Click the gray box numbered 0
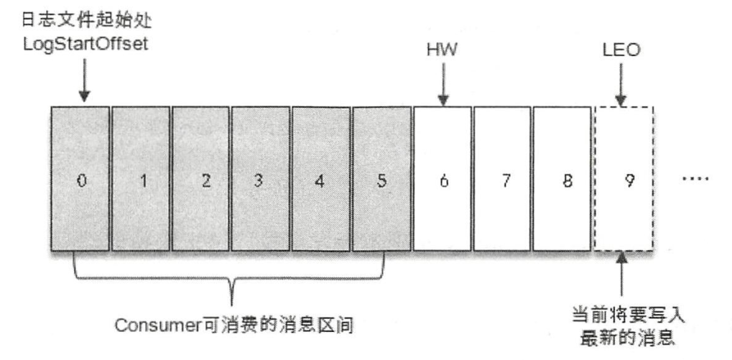coord(80,179)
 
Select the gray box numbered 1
coord(141,179)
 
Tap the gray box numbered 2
coord(200,179)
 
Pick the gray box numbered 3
coord(261,179)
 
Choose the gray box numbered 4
coord(321,179)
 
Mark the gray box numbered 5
coord(382,179)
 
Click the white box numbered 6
coord(443,179)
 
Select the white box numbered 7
coord(502,179)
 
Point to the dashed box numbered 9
coord(624,179)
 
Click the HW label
coord(441,50)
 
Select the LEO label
coord(621,50)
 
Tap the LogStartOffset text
coord(86,44)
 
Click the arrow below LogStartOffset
coord(84,80)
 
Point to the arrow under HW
coord(443,85)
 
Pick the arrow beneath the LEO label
coord(621,85)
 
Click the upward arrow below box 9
coord(621,274)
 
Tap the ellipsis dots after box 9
coord(695,179)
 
